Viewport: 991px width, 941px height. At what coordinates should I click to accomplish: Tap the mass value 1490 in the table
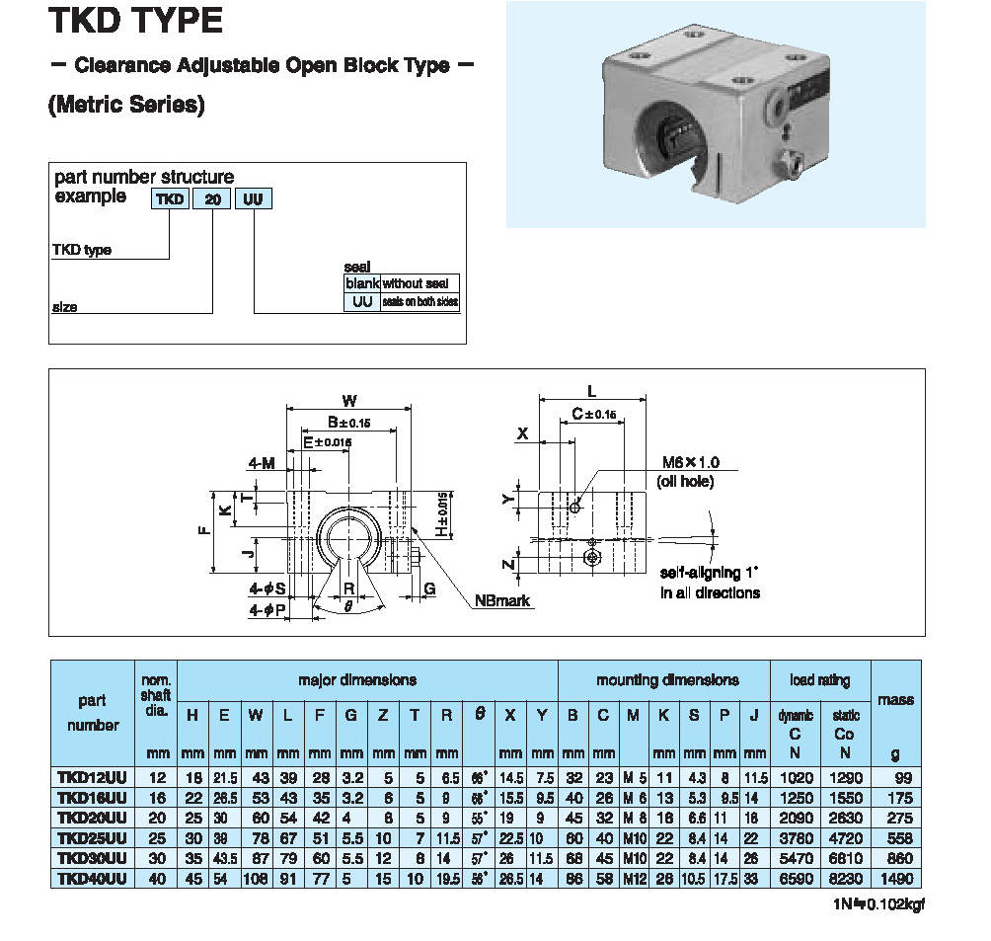click(x=896, y=879)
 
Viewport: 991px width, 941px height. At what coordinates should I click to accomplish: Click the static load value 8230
click(x=845, y=879)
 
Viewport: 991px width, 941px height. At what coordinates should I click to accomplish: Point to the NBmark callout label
click(x=501, y=600)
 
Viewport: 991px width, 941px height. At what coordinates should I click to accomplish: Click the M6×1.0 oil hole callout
click(x=689, y=462)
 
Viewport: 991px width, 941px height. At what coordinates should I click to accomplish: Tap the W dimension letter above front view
click(x=348, y=401)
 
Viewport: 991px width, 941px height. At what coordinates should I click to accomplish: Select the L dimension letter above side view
click(x=591, y=391)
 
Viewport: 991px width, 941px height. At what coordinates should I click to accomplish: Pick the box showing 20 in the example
click(x=211, y=199)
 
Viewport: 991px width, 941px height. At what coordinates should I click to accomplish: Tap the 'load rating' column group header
click(x=819, y=680)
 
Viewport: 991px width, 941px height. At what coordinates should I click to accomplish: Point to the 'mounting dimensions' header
click(x=666, y=680)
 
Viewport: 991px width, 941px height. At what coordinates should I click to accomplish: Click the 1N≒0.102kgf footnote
click(x=875, y=903)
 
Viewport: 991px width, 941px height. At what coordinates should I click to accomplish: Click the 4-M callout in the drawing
click(x=262, y=461)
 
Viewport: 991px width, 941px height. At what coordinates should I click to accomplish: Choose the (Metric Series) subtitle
click(x=126, y=106)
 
